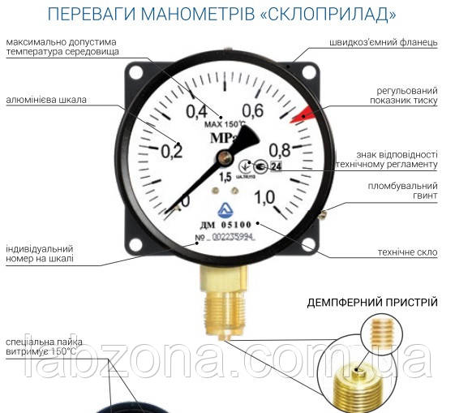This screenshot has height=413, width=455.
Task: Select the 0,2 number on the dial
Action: [x=171, y=150]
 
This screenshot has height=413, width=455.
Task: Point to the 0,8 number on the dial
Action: [x=280, y=149]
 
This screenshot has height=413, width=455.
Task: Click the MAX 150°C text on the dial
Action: [x=224, y=123]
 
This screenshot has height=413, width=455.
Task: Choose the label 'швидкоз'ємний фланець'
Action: [x=384, y=42]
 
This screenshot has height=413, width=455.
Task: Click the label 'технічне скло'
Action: [x=407, y=252]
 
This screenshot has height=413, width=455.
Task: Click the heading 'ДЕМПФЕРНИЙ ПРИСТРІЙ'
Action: [x=372, y=303]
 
